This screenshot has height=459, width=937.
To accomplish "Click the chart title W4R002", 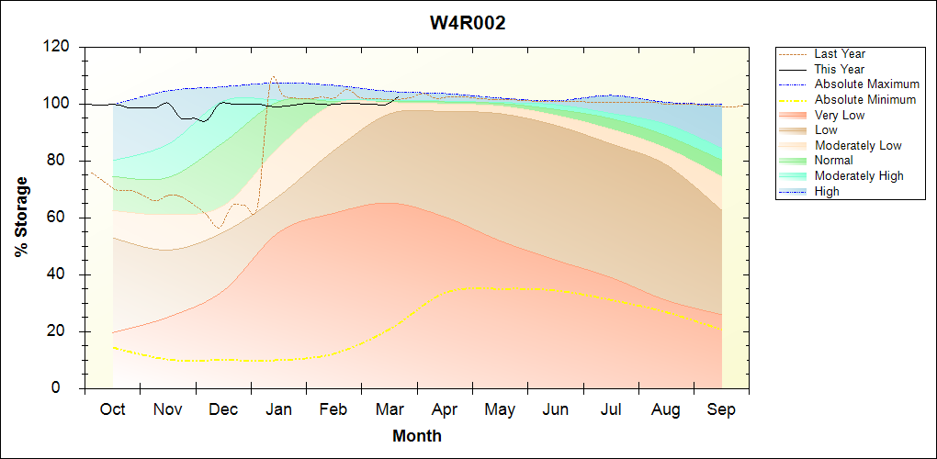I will click(468, 23).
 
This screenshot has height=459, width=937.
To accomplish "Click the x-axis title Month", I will click(416, 436).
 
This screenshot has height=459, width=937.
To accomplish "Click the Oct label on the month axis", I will click(112, 409).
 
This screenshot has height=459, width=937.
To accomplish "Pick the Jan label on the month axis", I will click(278, 409).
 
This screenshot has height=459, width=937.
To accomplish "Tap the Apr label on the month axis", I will click(445, 409).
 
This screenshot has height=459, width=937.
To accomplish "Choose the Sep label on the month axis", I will click(721, 409).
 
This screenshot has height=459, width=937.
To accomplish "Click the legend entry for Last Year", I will click(840, 54).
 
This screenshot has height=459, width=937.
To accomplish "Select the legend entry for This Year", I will click(840, 69).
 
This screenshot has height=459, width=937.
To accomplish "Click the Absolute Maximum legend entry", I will click(866, 84).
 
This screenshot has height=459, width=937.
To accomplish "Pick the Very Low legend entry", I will click(840, 115).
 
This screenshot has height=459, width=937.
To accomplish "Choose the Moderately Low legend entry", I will click(858, 145).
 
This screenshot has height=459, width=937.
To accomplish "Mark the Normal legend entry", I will click(833, 161).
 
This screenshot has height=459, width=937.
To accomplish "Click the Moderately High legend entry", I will click(859, 175).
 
